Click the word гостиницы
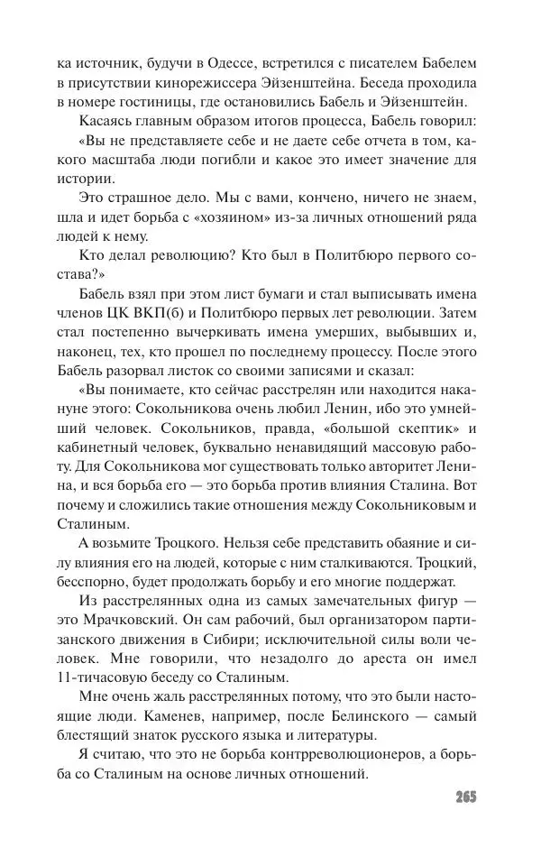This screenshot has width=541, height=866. (181, 105)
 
